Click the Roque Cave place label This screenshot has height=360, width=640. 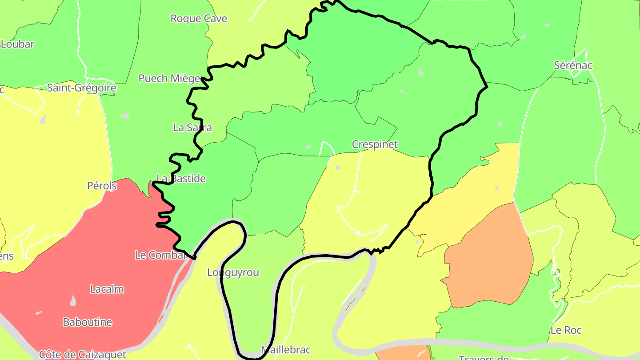199,19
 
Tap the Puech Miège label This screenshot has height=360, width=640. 169,79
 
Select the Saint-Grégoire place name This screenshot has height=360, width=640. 82,88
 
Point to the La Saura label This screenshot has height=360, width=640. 192,128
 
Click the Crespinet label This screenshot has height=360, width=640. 375,144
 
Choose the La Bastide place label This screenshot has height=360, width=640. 181,179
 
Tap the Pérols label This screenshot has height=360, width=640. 102,186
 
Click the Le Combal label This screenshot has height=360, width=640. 160,255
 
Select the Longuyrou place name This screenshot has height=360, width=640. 233,273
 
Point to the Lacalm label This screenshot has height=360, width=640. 107,289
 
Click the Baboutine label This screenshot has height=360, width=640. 88,322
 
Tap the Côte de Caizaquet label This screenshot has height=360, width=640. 83,355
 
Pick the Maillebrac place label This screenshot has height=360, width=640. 285,350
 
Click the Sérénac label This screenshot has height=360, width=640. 573,65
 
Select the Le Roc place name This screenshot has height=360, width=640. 566,330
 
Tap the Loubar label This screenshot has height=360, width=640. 18,44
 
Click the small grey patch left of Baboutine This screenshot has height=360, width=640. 73,301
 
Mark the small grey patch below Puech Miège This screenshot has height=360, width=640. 125,116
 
